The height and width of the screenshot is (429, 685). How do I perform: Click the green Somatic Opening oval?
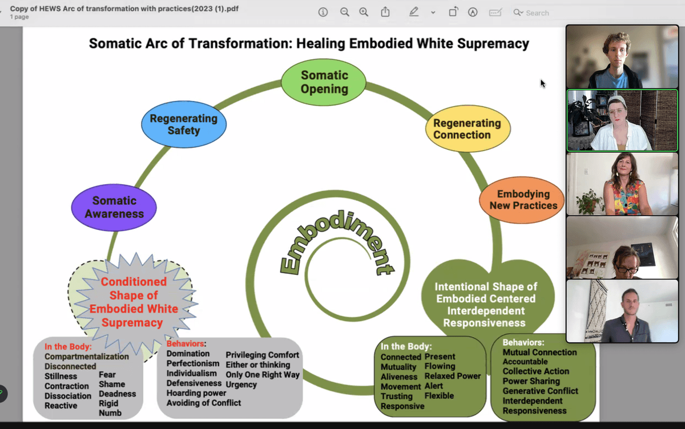click(x=324, y=82)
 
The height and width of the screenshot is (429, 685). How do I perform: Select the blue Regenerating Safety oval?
click(x=184, y=124)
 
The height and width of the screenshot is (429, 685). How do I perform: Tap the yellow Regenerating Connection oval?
click(x=467, y=129)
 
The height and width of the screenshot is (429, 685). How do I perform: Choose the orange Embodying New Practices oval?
click(x=522, y=200)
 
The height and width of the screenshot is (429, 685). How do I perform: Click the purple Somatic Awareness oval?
click(x=114, y=207)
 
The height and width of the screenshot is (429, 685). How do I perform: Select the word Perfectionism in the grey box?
click(x=192, y=363)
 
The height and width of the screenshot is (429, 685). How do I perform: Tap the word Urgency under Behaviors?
click(x=241, y=385)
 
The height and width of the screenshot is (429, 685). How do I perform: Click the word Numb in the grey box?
click(x=110, y=413)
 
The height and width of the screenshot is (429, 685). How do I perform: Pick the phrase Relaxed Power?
click(x=453, y=376)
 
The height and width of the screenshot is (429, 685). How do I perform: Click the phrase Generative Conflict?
click(x=540, y=391)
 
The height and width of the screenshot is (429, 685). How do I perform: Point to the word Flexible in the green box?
click(x=439, y=395)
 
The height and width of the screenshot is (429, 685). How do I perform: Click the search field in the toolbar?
click(x=537, y=13)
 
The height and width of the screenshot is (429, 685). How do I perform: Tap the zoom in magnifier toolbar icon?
click(x=364, y=12)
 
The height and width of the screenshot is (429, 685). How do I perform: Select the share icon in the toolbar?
click(x=385, y=12)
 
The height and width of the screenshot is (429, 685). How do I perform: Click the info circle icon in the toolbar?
click(x=323, y=12)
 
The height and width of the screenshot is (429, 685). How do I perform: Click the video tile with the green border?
click(x=622, y=120)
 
